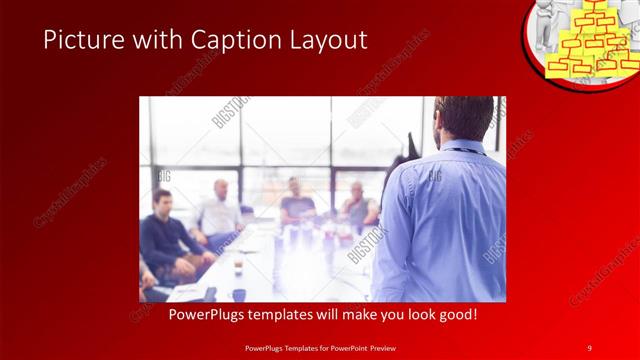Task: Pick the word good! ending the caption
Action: (x=456, y=315)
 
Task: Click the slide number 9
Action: (x=589, y=347)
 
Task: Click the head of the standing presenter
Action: (x=464, y=117)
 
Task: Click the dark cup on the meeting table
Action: (x=239, y=294)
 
